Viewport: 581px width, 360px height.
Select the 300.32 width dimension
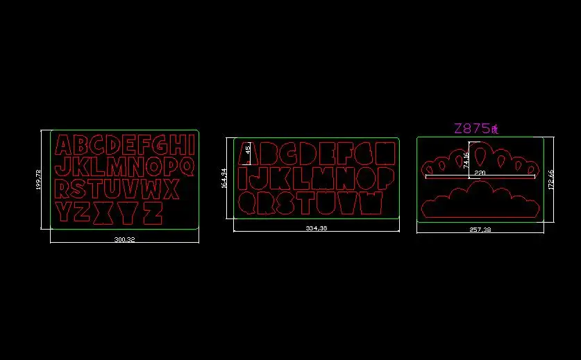point(124,239)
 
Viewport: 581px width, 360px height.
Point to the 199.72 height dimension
point(38,180)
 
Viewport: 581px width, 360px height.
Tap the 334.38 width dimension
point(317,228)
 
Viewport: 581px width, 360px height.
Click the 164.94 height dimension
point(224,178)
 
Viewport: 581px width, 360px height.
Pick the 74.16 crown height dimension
point(466,160)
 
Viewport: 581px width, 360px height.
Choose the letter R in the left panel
point(62,189)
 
